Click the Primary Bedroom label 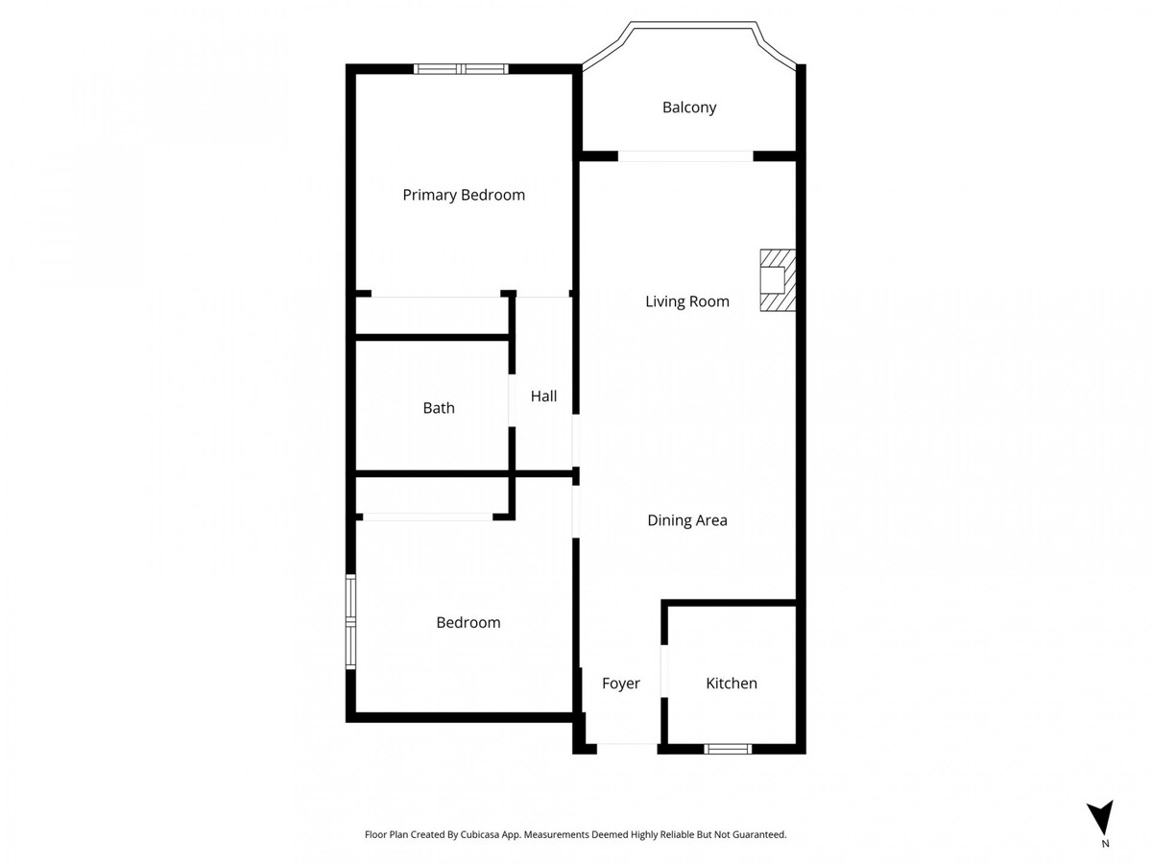[464, 195]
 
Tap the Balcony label [689, 108]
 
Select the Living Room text [687, 301]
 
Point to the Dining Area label [687, 520]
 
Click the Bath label [439, 408]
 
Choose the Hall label [543, 396]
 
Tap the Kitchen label [732, 684]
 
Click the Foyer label [621, 684]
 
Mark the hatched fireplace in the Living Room [778, 280]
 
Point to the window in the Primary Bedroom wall [461, 68]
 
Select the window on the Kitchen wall [727, 749]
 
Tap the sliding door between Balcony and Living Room [684, 156]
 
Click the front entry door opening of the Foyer [627, 746]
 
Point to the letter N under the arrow [1105, 845]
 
